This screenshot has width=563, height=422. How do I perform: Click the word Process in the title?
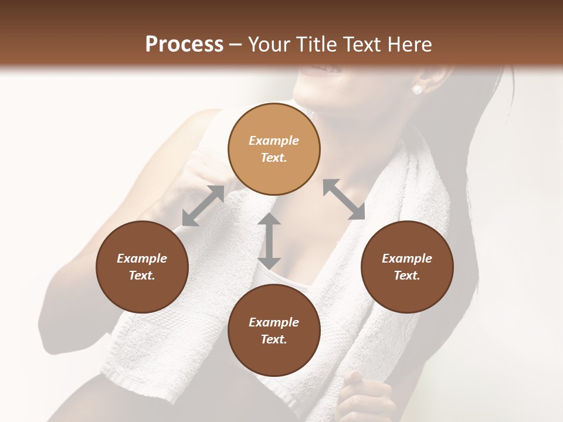(x=184, y=45)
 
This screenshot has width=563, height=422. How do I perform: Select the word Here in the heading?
(x=410, y=45)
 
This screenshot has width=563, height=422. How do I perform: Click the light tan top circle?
(x=274, y=149)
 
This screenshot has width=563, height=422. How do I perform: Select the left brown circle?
(x=142, y=267)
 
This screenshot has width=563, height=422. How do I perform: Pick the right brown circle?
(x=406, y=267)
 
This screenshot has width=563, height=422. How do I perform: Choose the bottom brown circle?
(x=274, y=330)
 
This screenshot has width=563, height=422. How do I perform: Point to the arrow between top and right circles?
(x=344, y=199)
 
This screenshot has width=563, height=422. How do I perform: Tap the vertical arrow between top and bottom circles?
(x=269, y=241)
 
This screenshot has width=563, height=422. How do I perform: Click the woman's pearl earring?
(x=418, y=90)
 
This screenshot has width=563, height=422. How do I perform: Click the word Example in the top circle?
(x=274, y=141)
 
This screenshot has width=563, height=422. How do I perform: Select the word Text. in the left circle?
(x=142, y=275)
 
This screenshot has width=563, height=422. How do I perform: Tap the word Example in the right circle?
(x=406, y=258)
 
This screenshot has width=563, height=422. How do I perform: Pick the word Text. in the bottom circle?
(x=274, y=339)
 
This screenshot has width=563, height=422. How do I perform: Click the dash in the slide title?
(x=236, y=45)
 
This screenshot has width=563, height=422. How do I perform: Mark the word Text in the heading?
(x=364, y=45)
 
